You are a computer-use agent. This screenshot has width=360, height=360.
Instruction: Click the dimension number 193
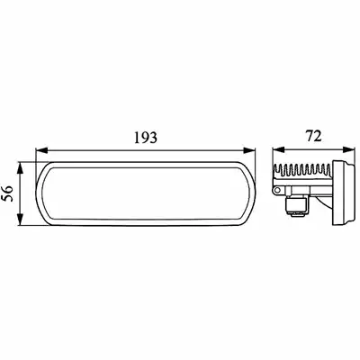pyautogui.click(x=146, y=138)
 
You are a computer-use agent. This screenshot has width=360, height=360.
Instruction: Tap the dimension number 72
pyautogui.click(x=314, y=136)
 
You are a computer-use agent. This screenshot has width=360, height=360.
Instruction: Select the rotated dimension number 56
pyautogui.click(x=8, y=193)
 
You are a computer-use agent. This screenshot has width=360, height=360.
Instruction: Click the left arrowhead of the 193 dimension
pyautogui.click(x=41, y=150)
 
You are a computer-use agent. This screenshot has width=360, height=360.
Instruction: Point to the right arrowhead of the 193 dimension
pyautogui.click(x=249, y=150)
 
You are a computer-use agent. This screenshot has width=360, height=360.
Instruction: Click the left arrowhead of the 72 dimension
pyautogui.click(x=278, y=149)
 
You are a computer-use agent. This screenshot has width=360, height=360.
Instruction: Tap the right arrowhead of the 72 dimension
pyautogui.click(x=348, y=149)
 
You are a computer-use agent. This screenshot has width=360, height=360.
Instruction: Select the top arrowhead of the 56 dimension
pyautogui.click(x=20, y=168)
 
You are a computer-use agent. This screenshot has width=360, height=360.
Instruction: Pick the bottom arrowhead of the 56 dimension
pyautogui.click(x=20, y=220)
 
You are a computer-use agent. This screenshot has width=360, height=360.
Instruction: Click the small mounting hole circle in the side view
pyautogui.click(x=277, y=190)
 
